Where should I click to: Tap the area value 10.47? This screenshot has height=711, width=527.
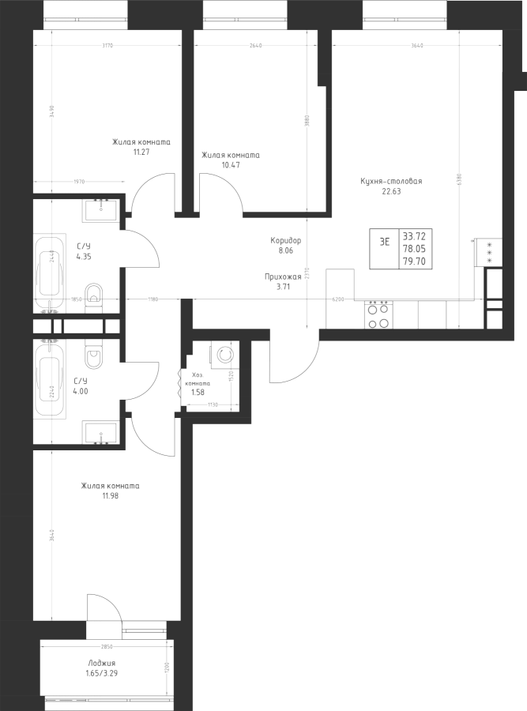click(x=231, y=165)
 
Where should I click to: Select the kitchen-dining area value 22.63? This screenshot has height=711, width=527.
click(x=391, y=190)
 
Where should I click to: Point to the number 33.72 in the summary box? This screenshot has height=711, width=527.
click(x=412, y=235)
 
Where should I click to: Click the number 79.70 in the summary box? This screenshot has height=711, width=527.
click(x=412, y=259)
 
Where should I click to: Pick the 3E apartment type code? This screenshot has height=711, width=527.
click(x=385, y=243)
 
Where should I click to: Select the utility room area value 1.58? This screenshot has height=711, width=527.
click(x=199, y=391)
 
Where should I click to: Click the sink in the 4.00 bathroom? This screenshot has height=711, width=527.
click(x=101, y=434)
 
